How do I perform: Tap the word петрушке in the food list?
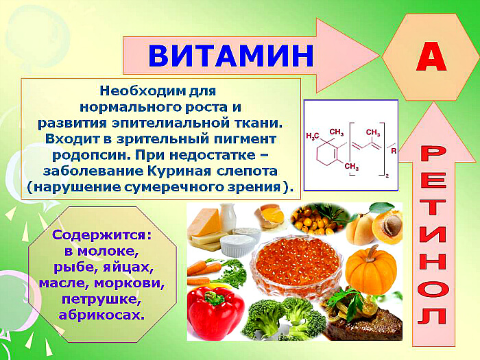(x=101, y=299)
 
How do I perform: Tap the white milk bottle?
(x=228, y=217)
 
